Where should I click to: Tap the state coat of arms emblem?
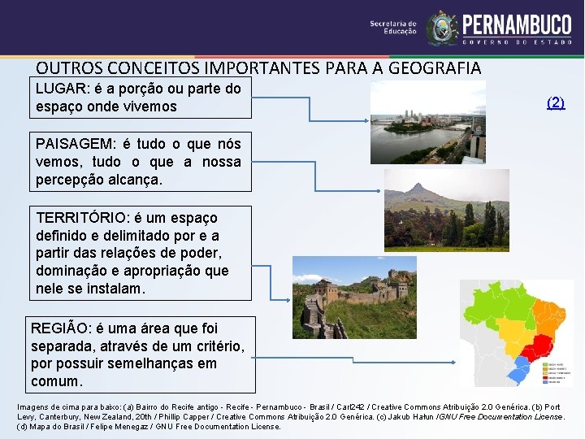coord(442,28)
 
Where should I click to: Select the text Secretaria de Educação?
coord(393,28)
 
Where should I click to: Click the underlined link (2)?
coord(556,102)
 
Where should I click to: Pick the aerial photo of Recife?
coord(427,122)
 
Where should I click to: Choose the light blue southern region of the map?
coord(517,373)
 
